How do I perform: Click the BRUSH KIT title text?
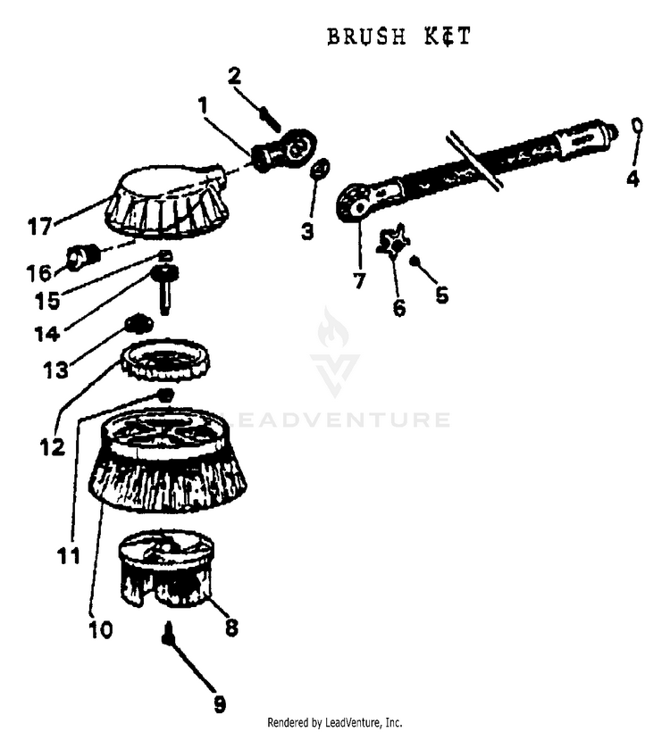coord(398,37)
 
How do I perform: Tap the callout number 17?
coord(39,227)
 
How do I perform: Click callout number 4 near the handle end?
coord(632,178)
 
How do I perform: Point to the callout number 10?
coord(100,629)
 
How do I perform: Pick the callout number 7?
coord(359,280)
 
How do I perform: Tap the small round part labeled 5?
coord(415,261)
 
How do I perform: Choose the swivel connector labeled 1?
coord(286,148)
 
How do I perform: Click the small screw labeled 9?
coord(167,637)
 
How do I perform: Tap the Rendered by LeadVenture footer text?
coord(335,721)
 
